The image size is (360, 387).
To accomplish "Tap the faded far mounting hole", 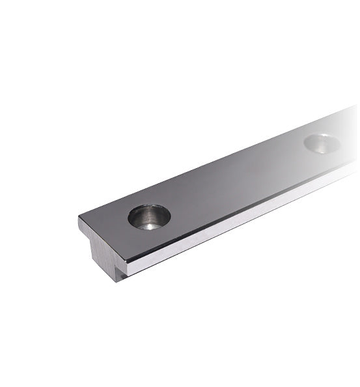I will click(322, 143).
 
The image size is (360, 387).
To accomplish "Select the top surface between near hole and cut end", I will click(111, 228).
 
